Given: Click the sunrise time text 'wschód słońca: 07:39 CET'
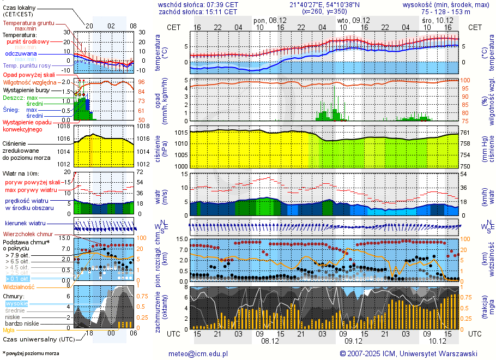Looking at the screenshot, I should (x=198, y=4).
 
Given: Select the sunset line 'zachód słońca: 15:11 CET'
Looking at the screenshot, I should (x=198, y=11).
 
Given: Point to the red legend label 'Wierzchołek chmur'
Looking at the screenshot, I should (x=28, y=234).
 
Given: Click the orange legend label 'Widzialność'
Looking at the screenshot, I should (x=19, y=286).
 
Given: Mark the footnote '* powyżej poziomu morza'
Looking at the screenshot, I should (x=31, y=353).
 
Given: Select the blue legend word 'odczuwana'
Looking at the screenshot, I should (x=21, y=54).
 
